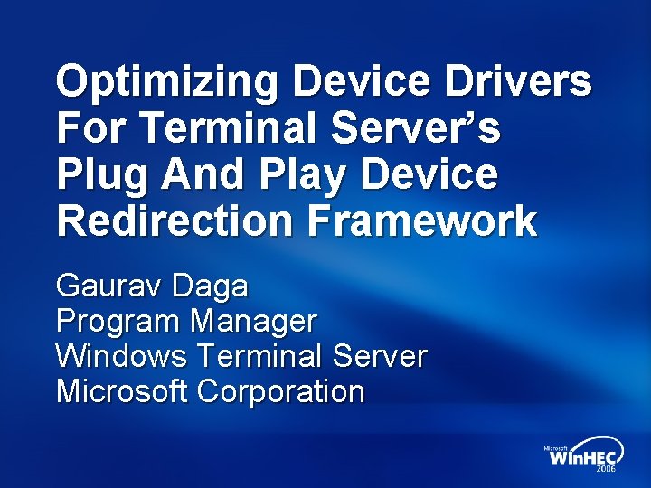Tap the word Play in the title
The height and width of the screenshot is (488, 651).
click(x=277, y=175)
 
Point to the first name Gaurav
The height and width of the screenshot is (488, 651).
click(x=105, y=287)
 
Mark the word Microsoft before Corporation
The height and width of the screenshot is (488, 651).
click(x=121, y=391)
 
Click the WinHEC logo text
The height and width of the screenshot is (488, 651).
click(x=580, y=458)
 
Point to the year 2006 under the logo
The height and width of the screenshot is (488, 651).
click(x=606, y=471)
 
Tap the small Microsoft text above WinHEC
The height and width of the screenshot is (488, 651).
click(x=555, y=447)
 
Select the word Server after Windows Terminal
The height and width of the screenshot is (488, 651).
click(x=379, y=356)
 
